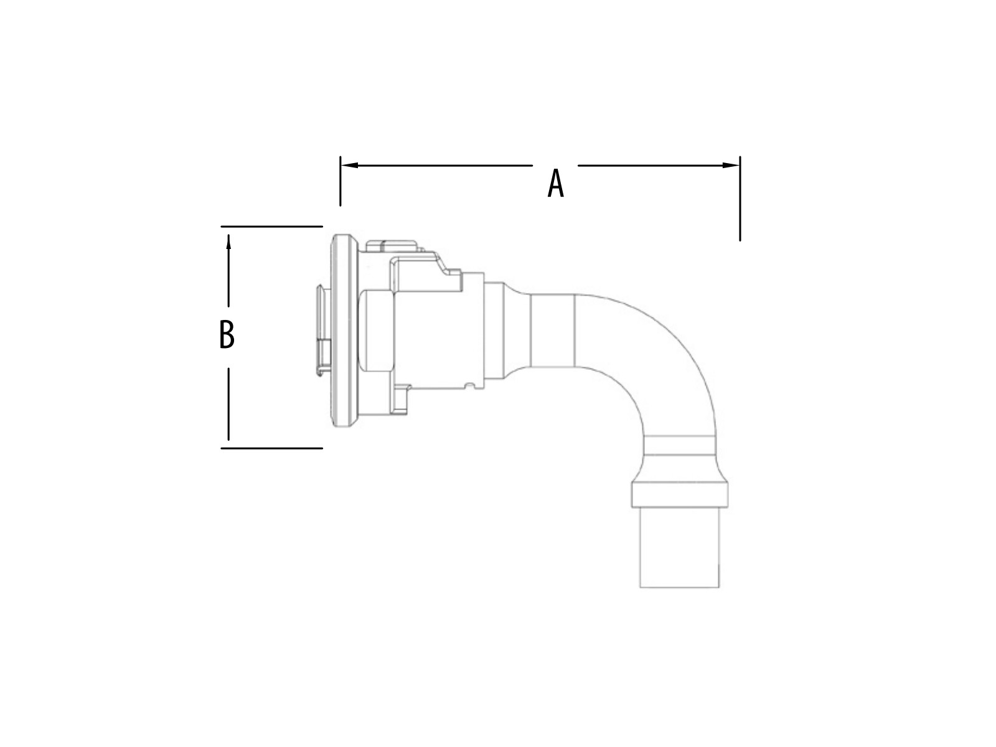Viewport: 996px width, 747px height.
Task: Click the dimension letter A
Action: [555, 183]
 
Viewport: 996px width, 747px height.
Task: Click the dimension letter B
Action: [227, 334]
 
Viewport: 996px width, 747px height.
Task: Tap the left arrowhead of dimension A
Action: [349, 165]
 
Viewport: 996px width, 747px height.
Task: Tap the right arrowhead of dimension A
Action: [731, 165]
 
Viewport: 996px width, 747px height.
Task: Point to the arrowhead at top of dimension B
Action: [228, 242]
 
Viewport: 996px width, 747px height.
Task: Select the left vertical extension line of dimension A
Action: [341, 181]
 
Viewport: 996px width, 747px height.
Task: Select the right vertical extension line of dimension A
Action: [740, 199]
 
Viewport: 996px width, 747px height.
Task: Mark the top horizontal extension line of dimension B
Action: [272, 227]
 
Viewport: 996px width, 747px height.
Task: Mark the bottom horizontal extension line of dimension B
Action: [272, 449]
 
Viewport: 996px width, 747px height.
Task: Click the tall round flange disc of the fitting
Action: [345, 331]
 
